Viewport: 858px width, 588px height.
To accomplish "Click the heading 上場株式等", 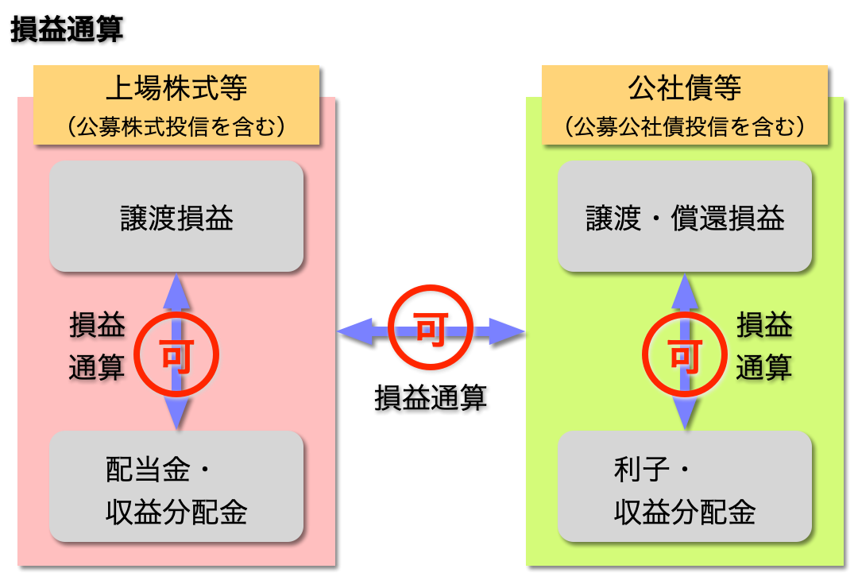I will point(176,88).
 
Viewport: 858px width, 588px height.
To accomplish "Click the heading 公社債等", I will point(685,88).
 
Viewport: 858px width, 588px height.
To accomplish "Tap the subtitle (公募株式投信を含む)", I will point(176,126).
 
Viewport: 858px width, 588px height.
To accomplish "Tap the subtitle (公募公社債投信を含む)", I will point(685,126).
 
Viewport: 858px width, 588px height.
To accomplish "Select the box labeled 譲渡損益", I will point(176,217).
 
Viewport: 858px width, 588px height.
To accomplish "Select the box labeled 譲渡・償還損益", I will point(685,217).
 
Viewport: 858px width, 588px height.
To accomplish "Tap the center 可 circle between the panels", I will point(431,329).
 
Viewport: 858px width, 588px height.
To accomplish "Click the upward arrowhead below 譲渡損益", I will point(176,291).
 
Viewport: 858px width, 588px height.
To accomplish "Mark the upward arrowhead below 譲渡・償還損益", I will point(685,291).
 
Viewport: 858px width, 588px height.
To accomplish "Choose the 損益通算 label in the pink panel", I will point(97,346).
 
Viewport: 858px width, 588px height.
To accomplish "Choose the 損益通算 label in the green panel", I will point(764,346).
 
